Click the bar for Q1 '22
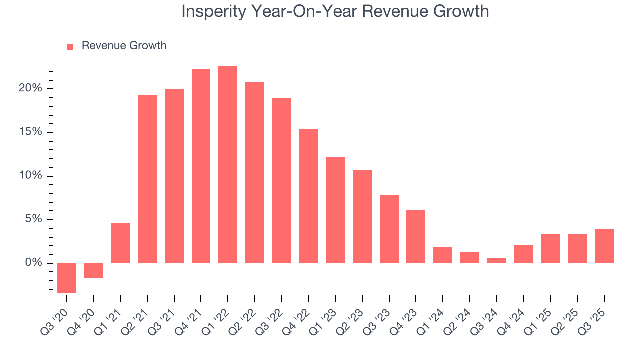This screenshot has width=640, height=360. (228, 165)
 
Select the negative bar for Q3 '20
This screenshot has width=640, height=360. (67, 278)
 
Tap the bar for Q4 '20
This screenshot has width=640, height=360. (94, 271)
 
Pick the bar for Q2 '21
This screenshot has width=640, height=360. (147, 179)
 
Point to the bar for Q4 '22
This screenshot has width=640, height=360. (308, 196)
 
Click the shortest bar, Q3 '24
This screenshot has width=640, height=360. (496, 260)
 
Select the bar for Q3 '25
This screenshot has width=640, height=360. (604, 246)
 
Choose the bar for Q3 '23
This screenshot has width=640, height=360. (389, 229)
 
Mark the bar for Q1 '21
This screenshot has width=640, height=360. (120, 243)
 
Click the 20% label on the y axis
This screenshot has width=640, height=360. (31, 89)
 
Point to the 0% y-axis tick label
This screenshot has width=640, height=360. (34, 263)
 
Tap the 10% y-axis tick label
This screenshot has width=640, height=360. (31, 176)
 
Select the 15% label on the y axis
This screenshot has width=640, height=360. (31, 132)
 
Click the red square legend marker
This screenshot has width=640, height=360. (70, 47)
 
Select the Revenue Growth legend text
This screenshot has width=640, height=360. (124, 46)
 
